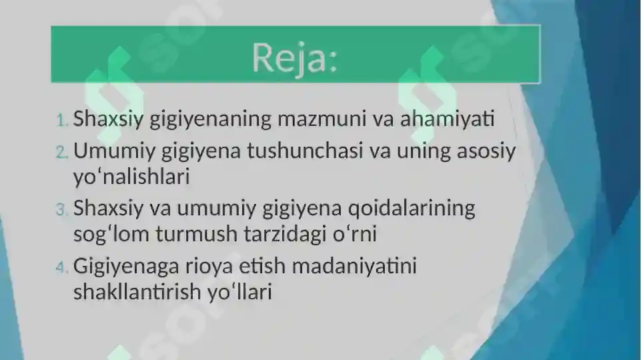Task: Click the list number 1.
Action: click(x=61, y=121)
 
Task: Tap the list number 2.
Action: click(x=61, y=152)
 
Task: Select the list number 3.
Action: click(x=61, y=210)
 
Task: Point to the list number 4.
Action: click(x=61, y=267)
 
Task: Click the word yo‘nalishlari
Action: click(x=131, y=178)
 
